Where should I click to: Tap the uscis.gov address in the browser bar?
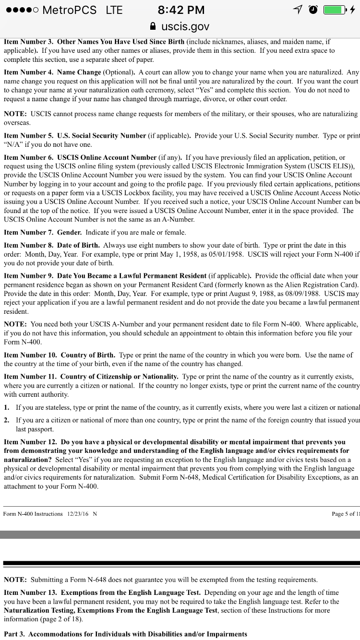(185, 26)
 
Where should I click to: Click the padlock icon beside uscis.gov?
(153, 26)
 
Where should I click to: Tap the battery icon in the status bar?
(334, 10)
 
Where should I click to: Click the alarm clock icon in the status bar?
(313, 10)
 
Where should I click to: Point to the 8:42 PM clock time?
(181, 10)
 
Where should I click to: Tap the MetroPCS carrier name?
(69, 10)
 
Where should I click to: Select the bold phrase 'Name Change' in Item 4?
(79, 72)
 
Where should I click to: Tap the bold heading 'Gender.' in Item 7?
(69, 233)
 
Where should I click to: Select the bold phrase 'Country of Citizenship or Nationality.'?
(120, 377)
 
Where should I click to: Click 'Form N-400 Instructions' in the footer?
(33, 514)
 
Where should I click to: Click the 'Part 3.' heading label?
(14, 634)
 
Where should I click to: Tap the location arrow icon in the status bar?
(298, 10)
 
